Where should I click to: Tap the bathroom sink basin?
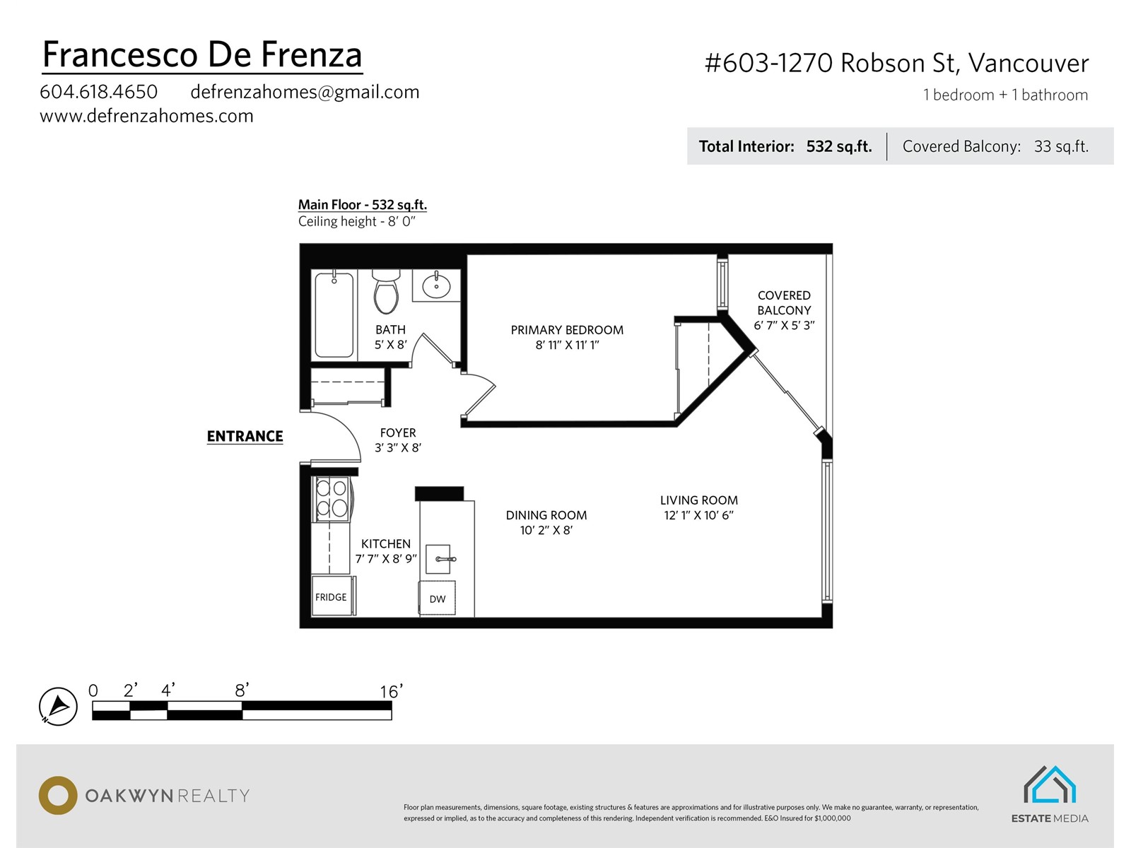436,285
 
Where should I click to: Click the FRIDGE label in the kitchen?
331,597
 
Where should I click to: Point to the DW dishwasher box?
437,598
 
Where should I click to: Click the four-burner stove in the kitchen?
332,498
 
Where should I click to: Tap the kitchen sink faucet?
445,559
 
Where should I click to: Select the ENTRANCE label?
245,436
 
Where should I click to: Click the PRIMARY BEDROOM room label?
567,330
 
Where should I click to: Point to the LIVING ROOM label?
698,500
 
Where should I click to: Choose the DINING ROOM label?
546,515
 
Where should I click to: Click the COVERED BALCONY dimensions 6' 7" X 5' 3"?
784,325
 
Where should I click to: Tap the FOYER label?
398,432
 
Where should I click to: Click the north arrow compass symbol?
58,706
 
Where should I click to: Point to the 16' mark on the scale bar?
391,691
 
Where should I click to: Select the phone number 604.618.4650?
98,92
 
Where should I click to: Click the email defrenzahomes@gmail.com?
305,92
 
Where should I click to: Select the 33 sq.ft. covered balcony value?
1061,147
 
